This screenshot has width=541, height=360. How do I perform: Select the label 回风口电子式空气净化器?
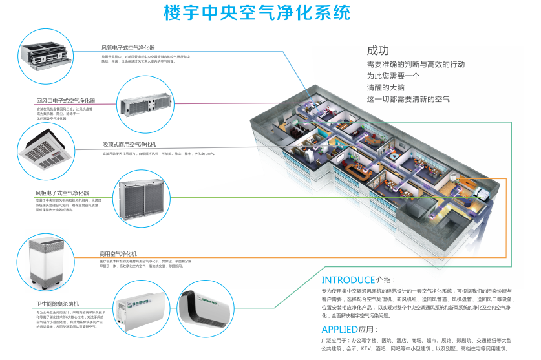pyautogui.click(x=65, y=101)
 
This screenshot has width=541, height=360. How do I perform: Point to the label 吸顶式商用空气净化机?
pyautogui.click(x=129, y=143)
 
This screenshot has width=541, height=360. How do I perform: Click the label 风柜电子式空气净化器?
pyautogui.click(x=62, y=193)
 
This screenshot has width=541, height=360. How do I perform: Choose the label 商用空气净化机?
pyautogui.click(x=118, y=253)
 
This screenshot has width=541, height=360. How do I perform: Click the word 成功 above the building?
pyautogui.click(x=378, y=50)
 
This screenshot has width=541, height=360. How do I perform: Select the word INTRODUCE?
pyautogui.click(x=348, y=280)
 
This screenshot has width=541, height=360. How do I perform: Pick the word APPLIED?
pyautogui.click(x=339, y=330)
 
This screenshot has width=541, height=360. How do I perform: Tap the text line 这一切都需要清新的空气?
pyautogui.click(x=408, y=99)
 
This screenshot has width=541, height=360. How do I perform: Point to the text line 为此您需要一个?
pyautogui.click(x=394, y=76)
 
